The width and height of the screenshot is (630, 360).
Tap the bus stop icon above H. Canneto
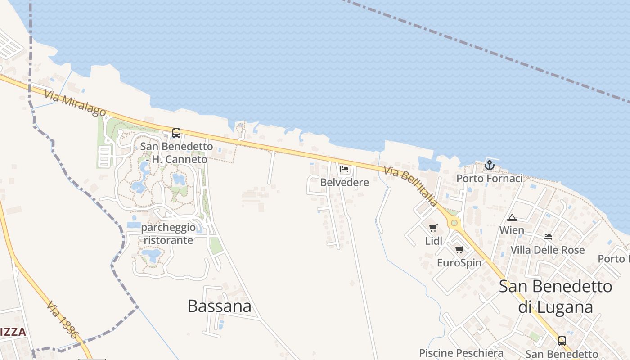(176, 133)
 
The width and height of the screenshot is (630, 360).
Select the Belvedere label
(344, 182)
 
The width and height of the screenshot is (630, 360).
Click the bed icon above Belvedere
(345, 170)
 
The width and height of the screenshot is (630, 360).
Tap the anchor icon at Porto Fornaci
(490, 165)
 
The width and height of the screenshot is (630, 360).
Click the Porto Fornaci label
(490, 179)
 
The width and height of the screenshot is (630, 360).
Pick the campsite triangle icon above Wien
(512, 218)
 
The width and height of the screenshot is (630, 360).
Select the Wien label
(512, 230)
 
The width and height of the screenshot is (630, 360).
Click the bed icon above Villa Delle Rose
(548, 236)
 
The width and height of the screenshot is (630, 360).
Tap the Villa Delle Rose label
(548, 250)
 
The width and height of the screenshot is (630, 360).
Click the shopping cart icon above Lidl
(433, 228)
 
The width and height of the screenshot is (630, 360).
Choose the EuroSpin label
(459, 262)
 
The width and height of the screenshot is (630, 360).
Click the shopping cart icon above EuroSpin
(459, 249)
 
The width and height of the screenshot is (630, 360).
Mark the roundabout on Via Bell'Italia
(454, 223)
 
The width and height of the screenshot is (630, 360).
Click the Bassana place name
(219, 306)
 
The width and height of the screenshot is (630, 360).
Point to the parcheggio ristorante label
(168, 234)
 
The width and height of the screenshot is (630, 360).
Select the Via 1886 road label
(62, 319)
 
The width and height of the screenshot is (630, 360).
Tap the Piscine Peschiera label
(461, 353)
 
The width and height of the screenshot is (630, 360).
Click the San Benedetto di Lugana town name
(555, 297)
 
